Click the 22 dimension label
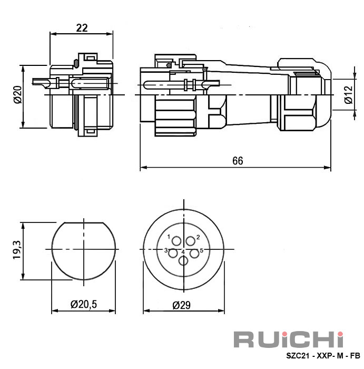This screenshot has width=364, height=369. click(x=82, y=28)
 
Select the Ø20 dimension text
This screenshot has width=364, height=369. click(x=18, y=95)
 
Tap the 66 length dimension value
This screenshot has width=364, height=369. click(x=238, y=161)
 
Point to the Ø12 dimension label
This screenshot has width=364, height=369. click(x=348, y=94)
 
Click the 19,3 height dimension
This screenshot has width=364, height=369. click(x=17, y=250)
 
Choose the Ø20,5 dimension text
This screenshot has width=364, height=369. click(x=84, y=304)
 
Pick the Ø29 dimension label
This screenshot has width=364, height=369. click(x=181, y=305)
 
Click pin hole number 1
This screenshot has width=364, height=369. click(x=176, y=241)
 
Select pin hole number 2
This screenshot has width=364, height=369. click(x=191, y=241)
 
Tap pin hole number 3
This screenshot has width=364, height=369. click(x=173, y=254)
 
